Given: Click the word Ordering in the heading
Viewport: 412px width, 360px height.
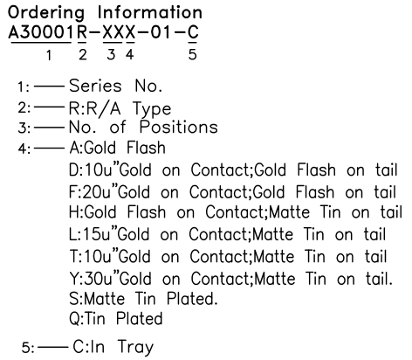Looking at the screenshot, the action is tap(46, 14).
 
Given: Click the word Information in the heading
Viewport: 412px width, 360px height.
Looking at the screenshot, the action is tap(149, 13).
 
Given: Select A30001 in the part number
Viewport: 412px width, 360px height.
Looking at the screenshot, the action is tap(40, 32).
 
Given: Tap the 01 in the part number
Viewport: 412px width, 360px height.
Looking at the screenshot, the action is tap(160, 32).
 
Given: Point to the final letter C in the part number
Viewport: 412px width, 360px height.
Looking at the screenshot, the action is tap(193, 32).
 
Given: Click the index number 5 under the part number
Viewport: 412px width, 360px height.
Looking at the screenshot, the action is tap(193, 54).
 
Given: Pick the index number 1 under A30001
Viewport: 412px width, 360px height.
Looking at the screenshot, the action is tap(49, 55).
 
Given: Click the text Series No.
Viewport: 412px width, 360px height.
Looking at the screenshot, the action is tap(115, 86).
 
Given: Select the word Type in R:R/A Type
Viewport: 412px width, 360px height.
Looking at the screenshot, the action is tap(152, 109).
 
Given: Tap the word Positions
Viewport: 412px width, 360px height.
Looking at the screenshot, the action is tap(179, 127).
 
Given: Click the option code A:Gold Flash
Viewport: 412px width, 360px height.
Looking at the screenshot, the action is tap(118, 148).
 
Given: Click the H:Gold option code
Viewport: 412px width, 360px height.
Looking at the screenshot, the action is tap(93, 211).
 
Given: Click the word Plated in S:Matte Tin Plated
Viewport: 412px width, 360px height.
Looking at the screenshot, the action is tap(192, 299).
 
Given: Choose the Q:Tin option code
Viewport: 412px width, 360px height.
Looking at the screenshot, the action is tap(87, 319).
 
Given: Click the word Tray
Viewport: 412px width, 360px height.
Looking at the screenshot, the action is tap(136, 348).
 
